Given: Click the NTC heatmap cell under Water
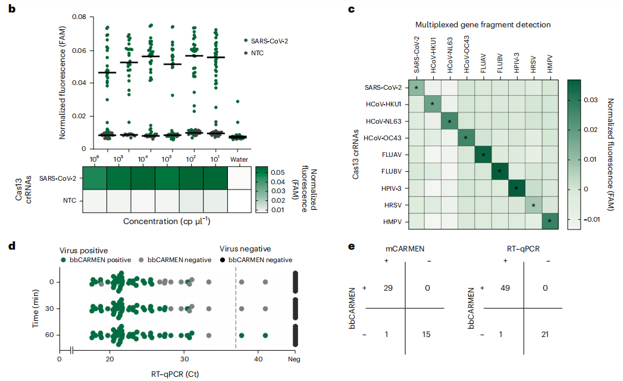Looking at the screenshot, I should click(x=239, y=201).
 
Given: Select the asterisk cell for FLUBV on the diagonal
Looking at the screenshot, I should click(x=499, y=171).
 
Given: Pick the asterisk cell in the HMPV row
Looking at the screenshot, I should click(x=550, y=222).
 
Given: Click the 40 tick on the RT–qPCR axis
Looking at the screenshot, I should click(x=258, y=360).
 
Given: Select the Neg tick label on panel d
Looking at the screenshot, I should click(x=294, y=360).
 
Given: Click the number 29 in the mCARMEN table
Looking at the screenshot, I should click(x=389, y=287).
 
